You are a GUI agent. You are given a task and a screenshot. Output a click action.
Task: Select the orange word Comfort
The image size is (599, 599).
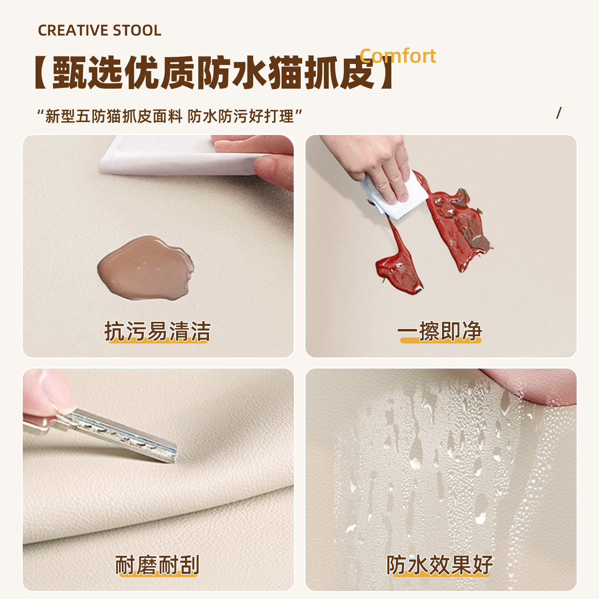tap(398, 56)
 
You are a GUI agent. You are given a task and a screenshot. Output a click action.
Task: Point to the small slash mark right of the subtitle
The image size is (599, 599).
tap(559, 113)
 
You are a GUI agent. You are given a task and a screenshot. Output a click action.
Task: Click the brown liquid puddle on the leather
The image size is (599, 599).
tap(145, 268)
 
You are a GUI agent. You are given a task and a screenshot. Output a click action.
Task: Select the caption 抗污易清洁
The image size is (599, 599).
tap(157, 331)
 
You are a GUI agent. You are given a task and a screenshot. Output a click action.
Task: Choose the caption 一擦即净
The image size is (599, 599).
tap(440, 331)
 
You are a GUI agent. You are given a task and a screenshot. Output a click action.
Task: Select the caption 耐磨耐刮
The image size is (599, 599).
tap(157, 565)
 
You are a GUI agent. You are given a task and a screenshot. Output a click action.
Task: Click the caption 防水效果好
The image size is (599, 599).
tap(440, 565)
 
